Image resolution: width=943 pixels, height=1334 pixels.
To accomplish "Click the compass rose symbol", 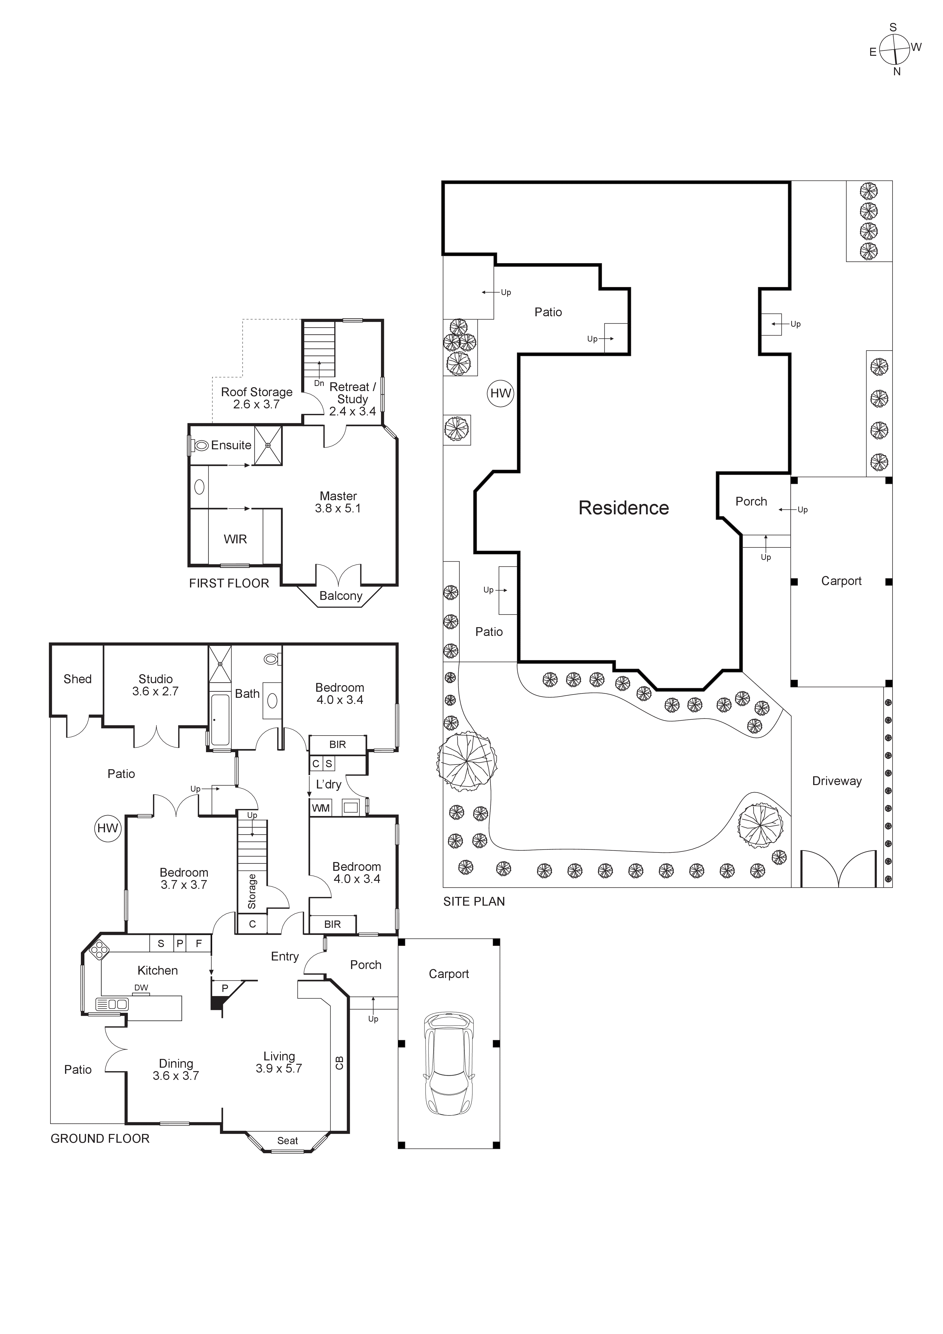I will point(894,49).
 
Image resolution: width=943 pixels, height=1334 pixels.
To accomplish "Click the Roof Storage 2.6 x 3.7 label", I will point(256,398).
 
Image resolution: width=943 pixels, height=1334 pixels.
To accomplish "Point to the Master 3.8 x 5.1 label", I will point(338,502).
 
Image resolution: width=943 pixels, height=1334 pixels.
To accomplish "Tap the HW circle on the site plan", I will point(500,393).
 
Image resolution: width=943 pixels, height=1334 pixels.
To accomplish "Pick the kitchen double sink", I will point(112,1004).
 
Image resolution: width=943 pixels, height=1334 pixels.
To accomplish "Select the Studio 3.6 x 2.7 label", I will point(155,685).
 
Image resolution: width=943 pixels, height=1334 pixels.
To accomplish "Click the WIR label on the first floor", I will point(235,539).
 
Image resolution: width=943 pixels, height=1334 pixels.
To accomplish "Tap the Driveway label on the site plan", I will point(837,781).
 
